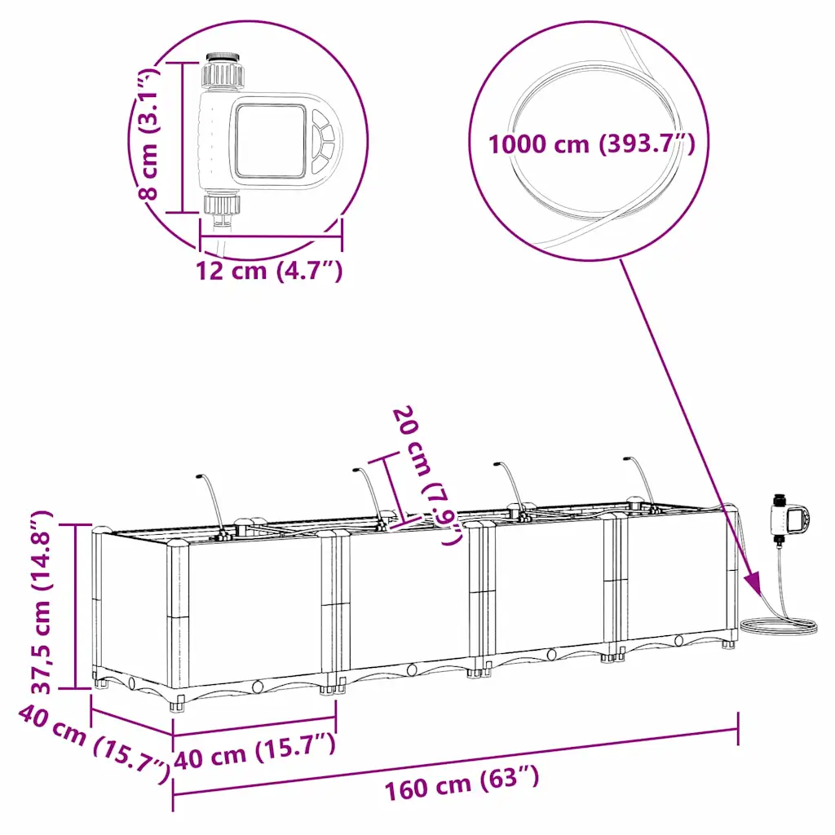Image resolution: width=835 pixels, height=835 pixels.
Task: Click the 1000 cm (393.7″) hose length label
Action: pyautogui.click(x=592, y=144)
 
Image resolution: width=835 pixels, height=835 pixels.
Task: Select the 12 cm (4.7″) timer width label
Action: pyautogui.click(x=269, y=271)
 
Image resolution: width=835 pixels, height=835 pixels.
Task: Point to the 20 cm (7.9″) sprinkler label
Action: pyautogui.click(x=426, y=475)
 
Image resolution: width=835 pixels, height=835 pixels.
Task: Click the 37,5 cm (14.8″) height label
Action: pyautogui.click(x=42, y=603)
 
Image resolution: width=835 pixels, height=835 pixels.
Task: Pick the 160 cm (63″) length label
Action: pyautogui.click(x=462, y=784)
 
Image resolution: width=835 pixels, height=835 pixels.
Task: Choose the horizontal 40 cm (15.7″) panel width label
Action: pyautogui.click(x=254, y=750)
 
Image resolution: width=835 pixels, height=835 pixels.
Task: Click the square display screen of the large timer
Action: pyautogui.click(x=271, y=140)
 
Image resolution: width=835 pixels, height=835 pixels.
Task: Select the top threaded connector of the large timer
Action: pyautogui.click(x=223, y=70)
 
